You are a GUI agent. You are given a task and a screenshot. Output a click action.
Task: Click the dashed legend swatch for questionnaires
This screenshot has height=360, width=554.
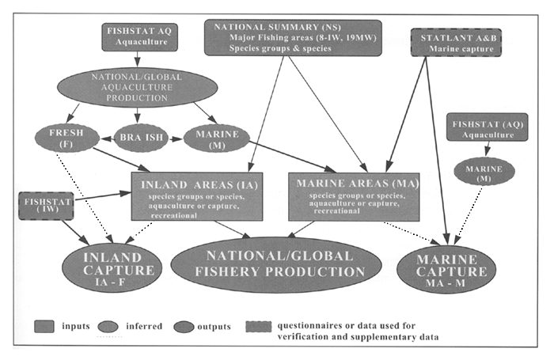(x=260, y=324)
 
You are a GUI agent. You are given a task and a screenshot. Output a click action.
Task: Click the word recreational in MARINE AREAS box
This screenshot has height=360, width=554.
(x=318, y=213)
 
